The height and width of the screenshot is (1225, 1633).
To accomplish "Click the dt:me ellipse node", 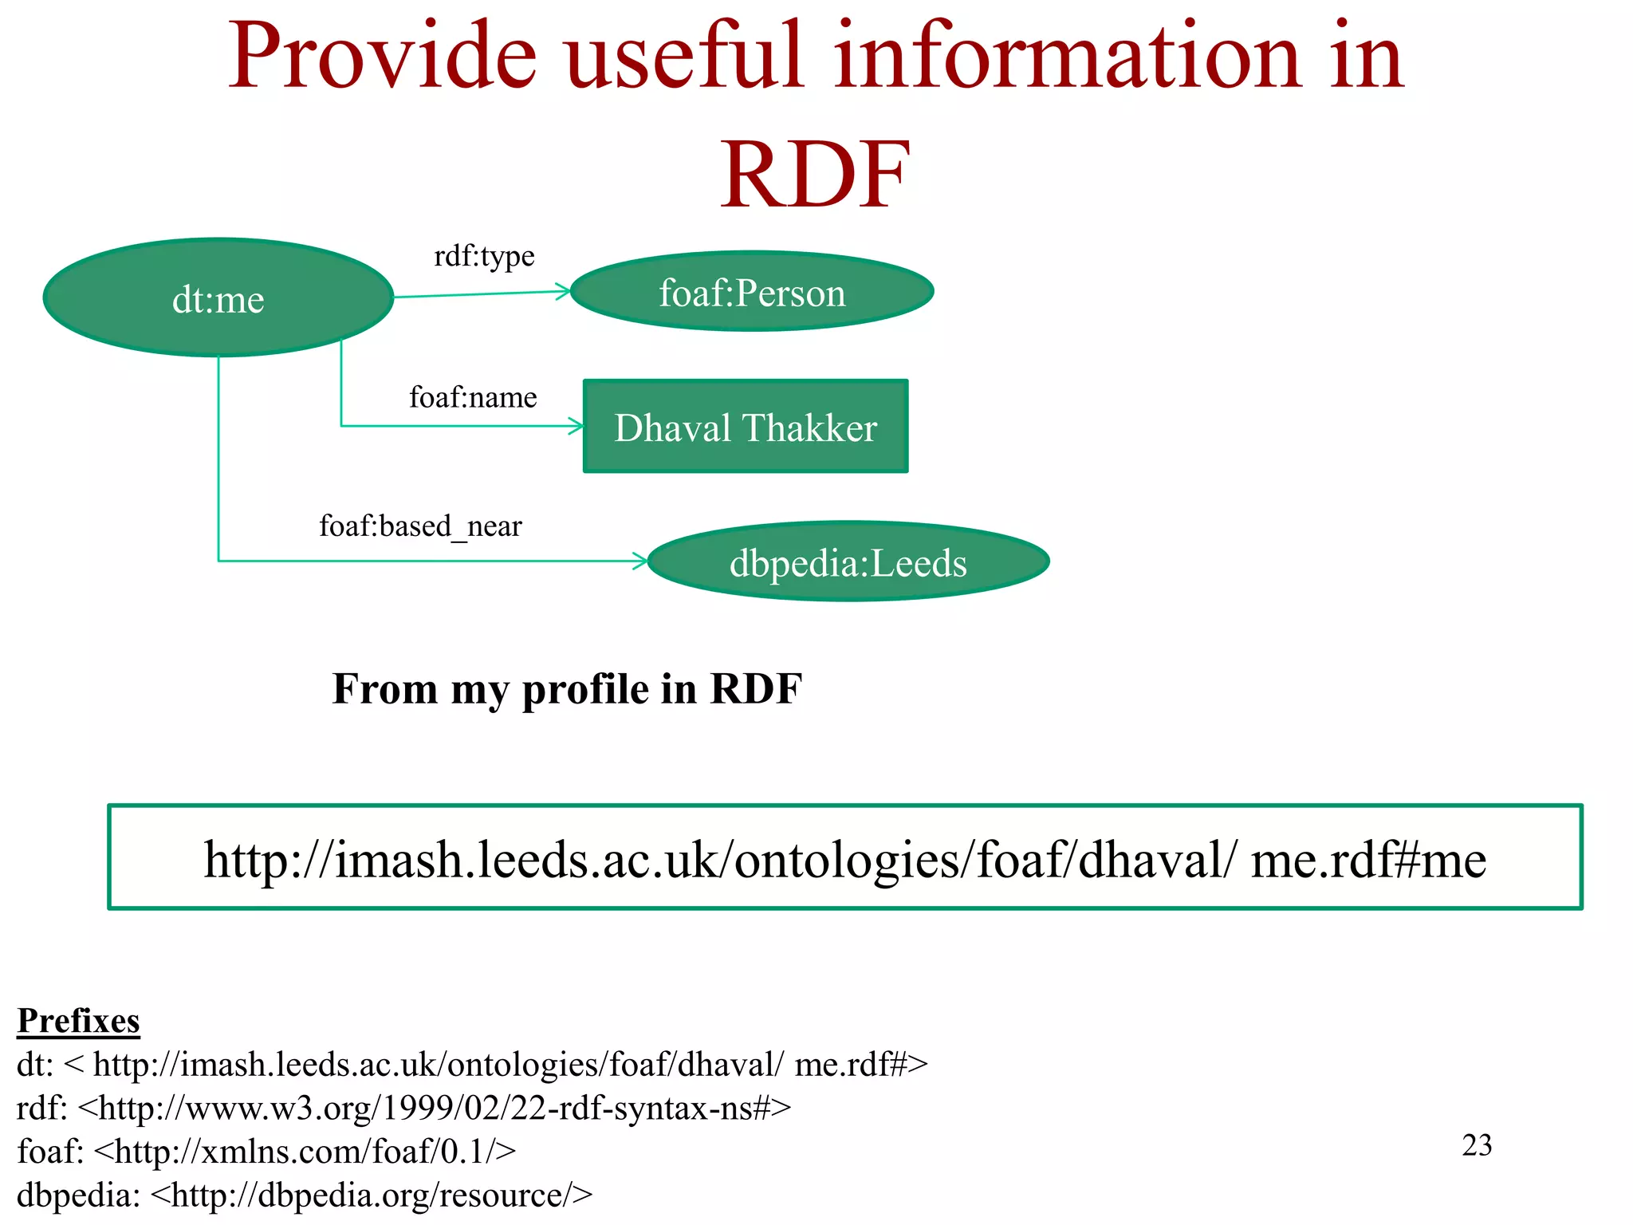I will click(218, 297).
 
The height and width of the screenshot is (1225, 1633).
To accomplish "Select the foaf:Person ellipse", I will click(752, 292).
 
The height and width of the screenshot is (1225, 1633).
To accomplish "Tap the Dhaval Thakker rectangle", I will click(746, 427).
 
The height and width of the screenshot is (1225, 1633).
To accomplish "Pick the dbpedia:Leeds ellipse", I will click(848, 562).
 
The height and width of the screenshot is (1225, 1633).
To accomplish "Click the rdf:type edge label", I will click(484, 256).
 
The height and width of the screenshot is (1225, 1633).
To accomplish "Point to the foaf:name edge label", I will click(473, 397).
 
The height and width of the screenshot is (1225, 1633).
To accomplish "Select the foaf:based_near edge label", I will click(420, 526).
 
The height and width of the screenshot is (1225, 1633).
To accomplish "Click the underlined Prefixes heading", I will click(78, 1021).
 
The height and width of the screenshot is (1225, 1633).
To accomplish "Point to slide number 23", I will click(1476, 1145).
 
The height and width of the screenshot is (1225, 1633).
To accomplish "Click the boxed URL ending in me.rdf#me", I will click(844, 859).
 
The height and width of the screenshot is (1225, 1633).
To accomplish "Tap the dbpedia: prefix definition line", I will click(305, 1195).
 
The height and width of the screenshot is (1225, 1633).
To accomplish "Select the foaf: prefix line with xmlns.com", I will click(266, 1152).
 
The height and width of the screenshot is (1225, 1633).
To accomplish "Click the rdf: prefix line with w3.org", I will click(403, 1108).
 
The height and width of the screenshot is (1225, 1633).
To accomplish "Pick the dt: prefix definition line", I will click(472, 1065).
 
